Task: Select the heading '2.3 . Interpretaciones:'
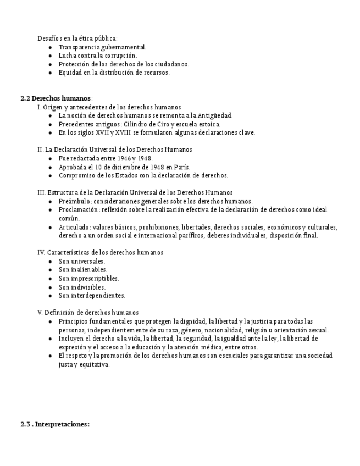(x=54, y=424)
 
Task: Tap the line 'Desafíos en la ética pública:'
(x=77, y=38)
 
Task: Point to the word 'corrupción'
(x=119, y=56)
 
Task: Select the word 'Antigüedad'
(x=215, y=115)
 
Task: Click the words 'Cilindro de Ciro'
(x=146, y=124)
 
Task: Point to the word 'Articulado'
(x=74, y=227)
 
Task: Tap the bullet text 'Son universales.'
(x=82, y=261)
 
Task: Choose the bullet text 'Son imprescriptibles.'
(x=88, y=278)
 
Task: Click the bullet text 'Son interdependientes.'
(x=92, y=295)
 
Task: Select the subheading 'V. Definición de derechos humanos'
(x=88, y=312)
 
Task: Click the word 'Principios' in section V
(x=74, y=321)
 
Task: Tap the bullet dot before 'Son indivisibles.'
(x=50, y=287)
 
